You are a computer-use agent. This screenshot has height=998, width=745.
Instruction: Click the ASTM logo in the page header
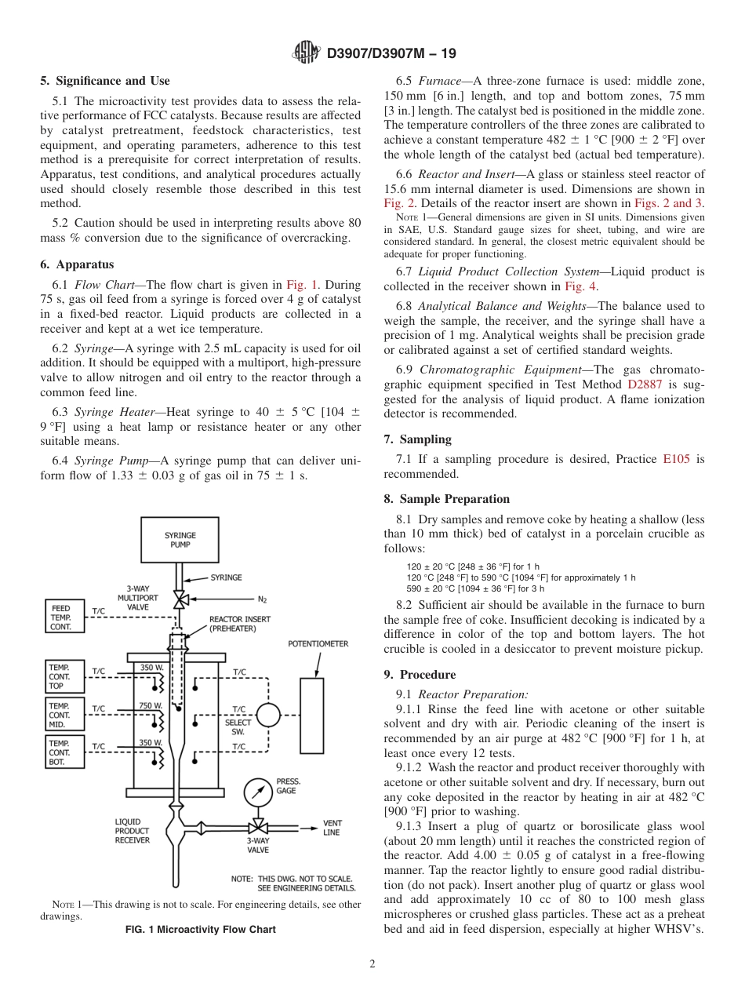click(306, 53)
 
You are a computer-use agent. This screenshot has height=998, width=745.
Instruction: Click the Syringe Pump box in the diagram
click(180, 540)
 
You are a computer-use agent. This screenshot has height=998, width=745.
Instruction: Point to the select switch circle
click(268, 715)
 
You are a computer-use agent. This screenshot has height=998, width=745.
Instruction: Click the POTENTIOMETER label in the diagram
click(318, 644)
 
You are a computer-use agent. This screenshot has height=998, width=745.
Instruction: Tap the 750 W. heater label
click(151, 705)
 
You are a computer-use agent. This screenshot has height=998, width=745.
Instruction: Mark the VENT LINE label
click(332, 828)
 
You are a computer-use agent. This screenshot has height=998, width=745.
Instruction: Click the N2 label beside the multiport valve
click(262, 599)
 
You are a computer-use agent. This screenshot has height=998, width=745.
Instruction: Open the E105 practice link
click(676, 459)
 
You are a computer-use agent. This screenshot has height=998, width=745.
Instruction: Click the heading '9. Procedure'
click(419, 674)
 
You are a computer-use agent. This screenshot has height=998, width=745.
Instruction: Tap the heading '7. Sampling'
click(417, 439)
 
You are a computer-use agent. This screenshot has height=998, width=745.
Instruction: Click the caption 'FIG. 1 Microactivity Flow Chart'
click(201, 930)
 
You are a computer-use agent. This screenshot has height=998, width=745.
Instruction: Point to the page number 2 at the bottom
click(372, 964)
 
